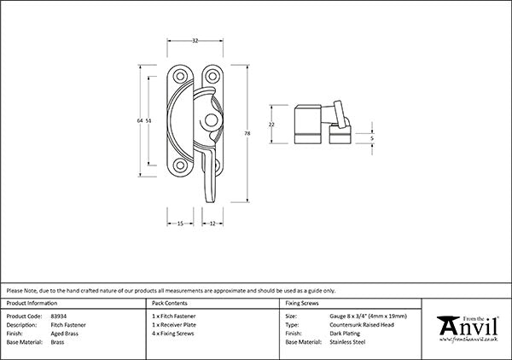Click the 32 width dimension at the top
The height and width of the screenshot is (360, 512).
(x=196, y=39)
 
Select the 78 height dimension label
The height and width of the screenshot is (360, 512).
(x=247, y=133)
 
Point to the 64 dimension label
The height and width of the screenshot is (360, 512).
(x=139, y=121)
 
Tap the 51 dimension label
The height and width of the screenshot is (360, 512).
(x=151, y=121)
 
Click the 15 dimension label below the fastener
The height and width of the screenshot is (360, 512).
(x=180, y=224)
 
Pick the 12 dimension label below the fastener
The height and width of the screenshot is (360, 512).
(x=212, y=224)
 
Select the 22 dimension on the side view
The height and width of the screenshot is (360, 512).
(x=272, y=125)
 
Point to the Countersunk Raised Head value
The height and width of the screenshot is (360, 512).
(x=364, y=324)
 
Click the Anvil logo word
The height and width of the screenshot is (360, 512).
(x=468, y=328)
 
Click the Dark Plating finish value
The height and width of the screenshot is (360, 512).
(x=346, y=333)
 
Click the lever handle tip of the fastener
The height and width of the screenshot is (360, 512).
(x=208, y=199)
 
